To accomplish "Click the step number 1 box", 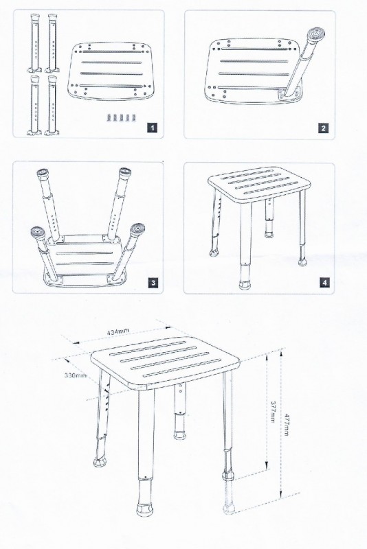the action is [x=152, y=128].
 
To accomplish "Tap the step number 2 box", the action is [x=323, y=128].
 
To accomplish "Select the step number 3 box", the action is [x=153, y=283].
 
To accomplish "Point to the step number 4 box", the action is [x=324, y=283].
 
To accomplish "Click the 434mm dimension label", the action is [x=118, y=331].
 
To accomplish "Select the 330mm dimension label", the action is [x=75, y=375].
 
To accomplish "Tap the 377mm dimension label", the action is [x=272, y=411].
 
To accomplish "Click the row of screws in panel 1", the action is [x=120, y=117].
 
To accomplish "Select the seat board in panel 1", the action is [x=111, y=71].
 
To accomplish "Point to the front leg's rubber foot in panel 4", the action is [x=245, y=284].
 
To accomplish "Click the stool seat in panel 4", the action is [x=259, y=185].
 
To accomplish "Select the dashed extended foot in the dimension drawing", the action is [x=230, y=496].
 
